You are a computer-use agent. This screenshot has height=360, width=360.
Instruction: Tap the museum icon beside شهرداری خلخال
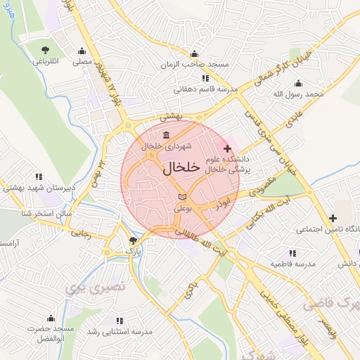click(x=165, y=135)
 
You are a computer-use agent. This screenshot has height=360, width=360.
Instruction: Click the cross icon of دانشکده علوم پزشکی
click(x=226, y=149)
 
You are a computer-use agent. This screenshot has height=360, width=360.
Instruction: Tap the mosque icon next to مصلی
click(x=84, y=51)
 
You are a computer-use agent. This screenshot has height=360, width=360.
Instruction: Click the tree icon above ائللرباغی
click(x=46, y=50)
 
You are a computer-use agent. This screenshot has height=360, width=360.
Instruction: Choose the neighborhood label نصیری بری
click(x=86, y=287)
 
